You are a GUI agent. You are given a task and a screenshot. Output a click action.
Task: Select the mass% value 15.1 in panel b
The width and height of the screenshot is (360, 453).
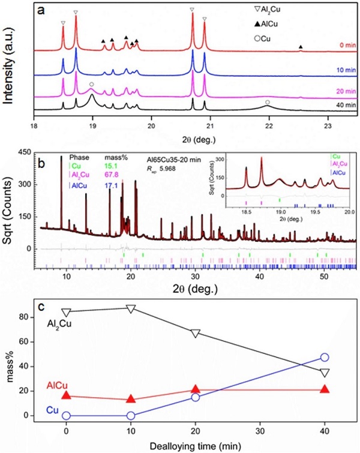click(x=112, y=165)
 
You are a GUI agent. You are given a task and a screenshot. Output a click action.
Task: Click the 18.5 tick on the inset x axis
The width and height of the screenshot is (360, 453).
click(x=246, y=212)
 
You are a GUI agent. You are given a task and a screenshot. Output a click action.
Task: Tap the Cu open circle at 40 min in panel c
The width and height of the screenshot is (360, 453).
click(x=325, y=358)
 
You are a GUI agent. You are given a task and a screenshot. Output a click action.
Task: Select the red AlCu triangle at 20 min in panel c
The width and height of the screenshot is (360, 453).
click(x=195, y=390)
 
